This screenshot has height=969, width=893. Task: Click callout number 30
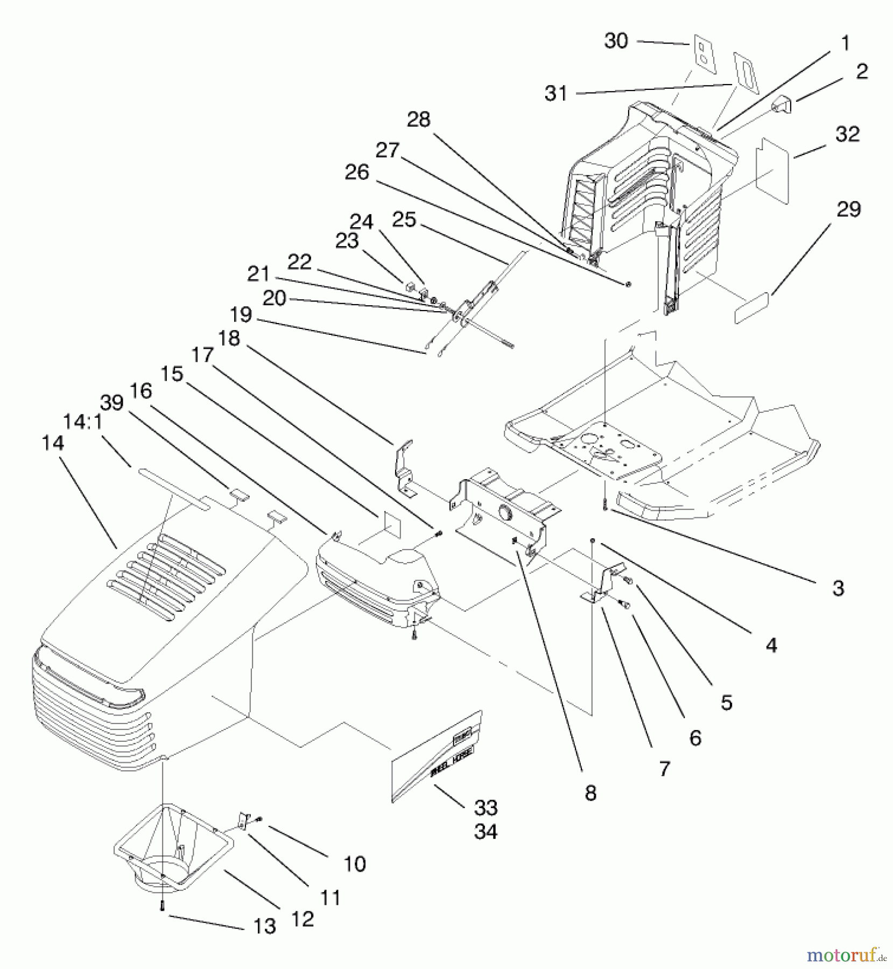coord(616,41)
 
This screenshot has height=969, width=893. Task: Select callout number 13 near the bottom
coord(264,926)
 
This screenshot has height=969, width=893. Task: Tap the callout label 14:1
coord(82,422)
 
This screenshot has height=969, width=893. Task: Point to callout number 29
coord(848,209)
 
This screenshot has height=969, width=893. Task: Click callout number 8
coord(590,792)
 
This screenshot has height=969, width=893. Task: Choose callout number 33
coord(486,807)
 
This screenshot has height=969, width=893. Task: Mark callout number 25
coord(404,220)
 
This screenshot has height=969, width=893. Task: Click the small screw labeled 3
coord(605,504)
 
